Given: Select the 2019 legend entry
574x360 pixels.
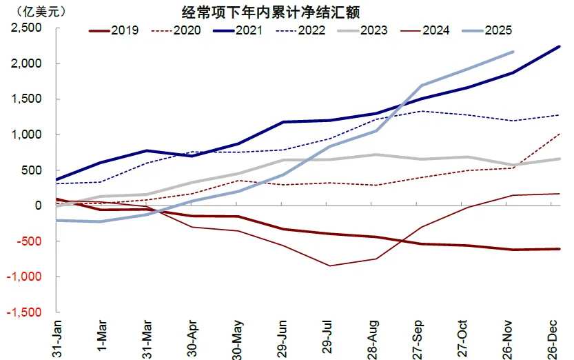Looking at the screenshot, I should coord(114,30).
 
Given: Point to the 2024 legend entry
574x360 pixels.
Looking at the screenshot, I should coord(427,30).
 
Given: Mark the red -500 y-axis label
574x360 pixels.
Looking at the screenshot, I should coord(29,241).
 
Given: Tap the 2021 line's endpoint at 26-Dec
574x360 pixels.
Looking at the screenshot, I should coord(559,46).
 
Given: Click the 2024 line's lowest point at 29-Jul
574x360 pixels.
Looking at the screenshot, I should coord(329,266).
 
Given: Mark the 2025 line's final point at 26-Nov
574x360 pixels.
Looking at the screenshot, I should coord(513,52).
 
